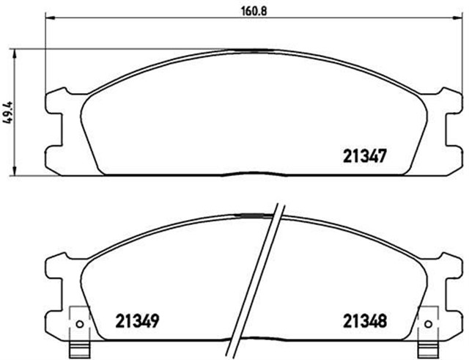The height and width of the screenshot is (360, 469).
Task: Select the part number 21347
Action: (x=365, y=155)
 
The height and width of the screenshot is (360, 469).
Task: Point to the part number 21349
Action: (x=138, y=320)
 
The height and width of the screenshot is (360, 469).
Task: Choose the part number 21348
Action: (x=364, y=320)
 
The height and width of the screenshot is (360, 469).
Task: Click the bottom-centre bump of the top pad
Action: (x=253, y=175)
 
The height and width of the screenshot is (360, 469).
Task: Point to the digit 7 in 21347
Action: (x=381, y=155)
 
